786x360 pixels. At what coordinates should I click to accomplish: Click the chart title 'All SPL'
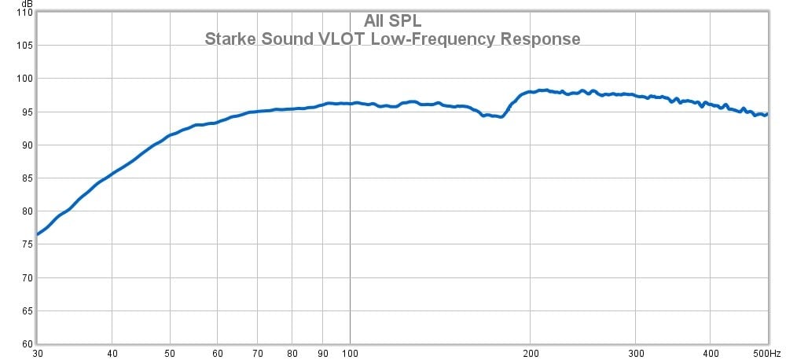[392, 21]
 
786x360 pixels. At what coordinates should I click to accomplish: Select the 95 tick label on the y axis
[26, 112]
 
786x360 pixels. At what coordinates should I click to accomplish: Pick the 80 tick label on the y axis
[26, 211]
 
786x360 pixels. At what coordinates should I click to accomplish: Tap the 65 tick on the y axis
[26, 310]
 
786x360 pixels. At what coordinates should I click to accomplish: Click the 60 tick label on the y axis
[26, 343]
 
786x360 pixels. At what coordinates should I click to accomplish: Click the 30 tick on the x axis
[37, 353]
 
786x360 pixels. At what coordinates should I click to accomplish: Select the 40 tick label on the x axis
[112, 353]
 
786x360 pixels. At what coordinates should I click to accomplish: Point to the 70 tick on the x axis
[259, 353]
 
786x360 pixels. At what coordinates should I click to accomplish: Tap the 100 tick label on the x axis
[351, 353]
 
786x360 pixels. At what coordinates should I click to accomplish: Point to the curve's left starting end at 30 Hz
[37, 234]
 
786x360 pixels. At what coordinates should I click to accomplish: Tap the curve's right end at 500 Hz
[766, 115]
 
